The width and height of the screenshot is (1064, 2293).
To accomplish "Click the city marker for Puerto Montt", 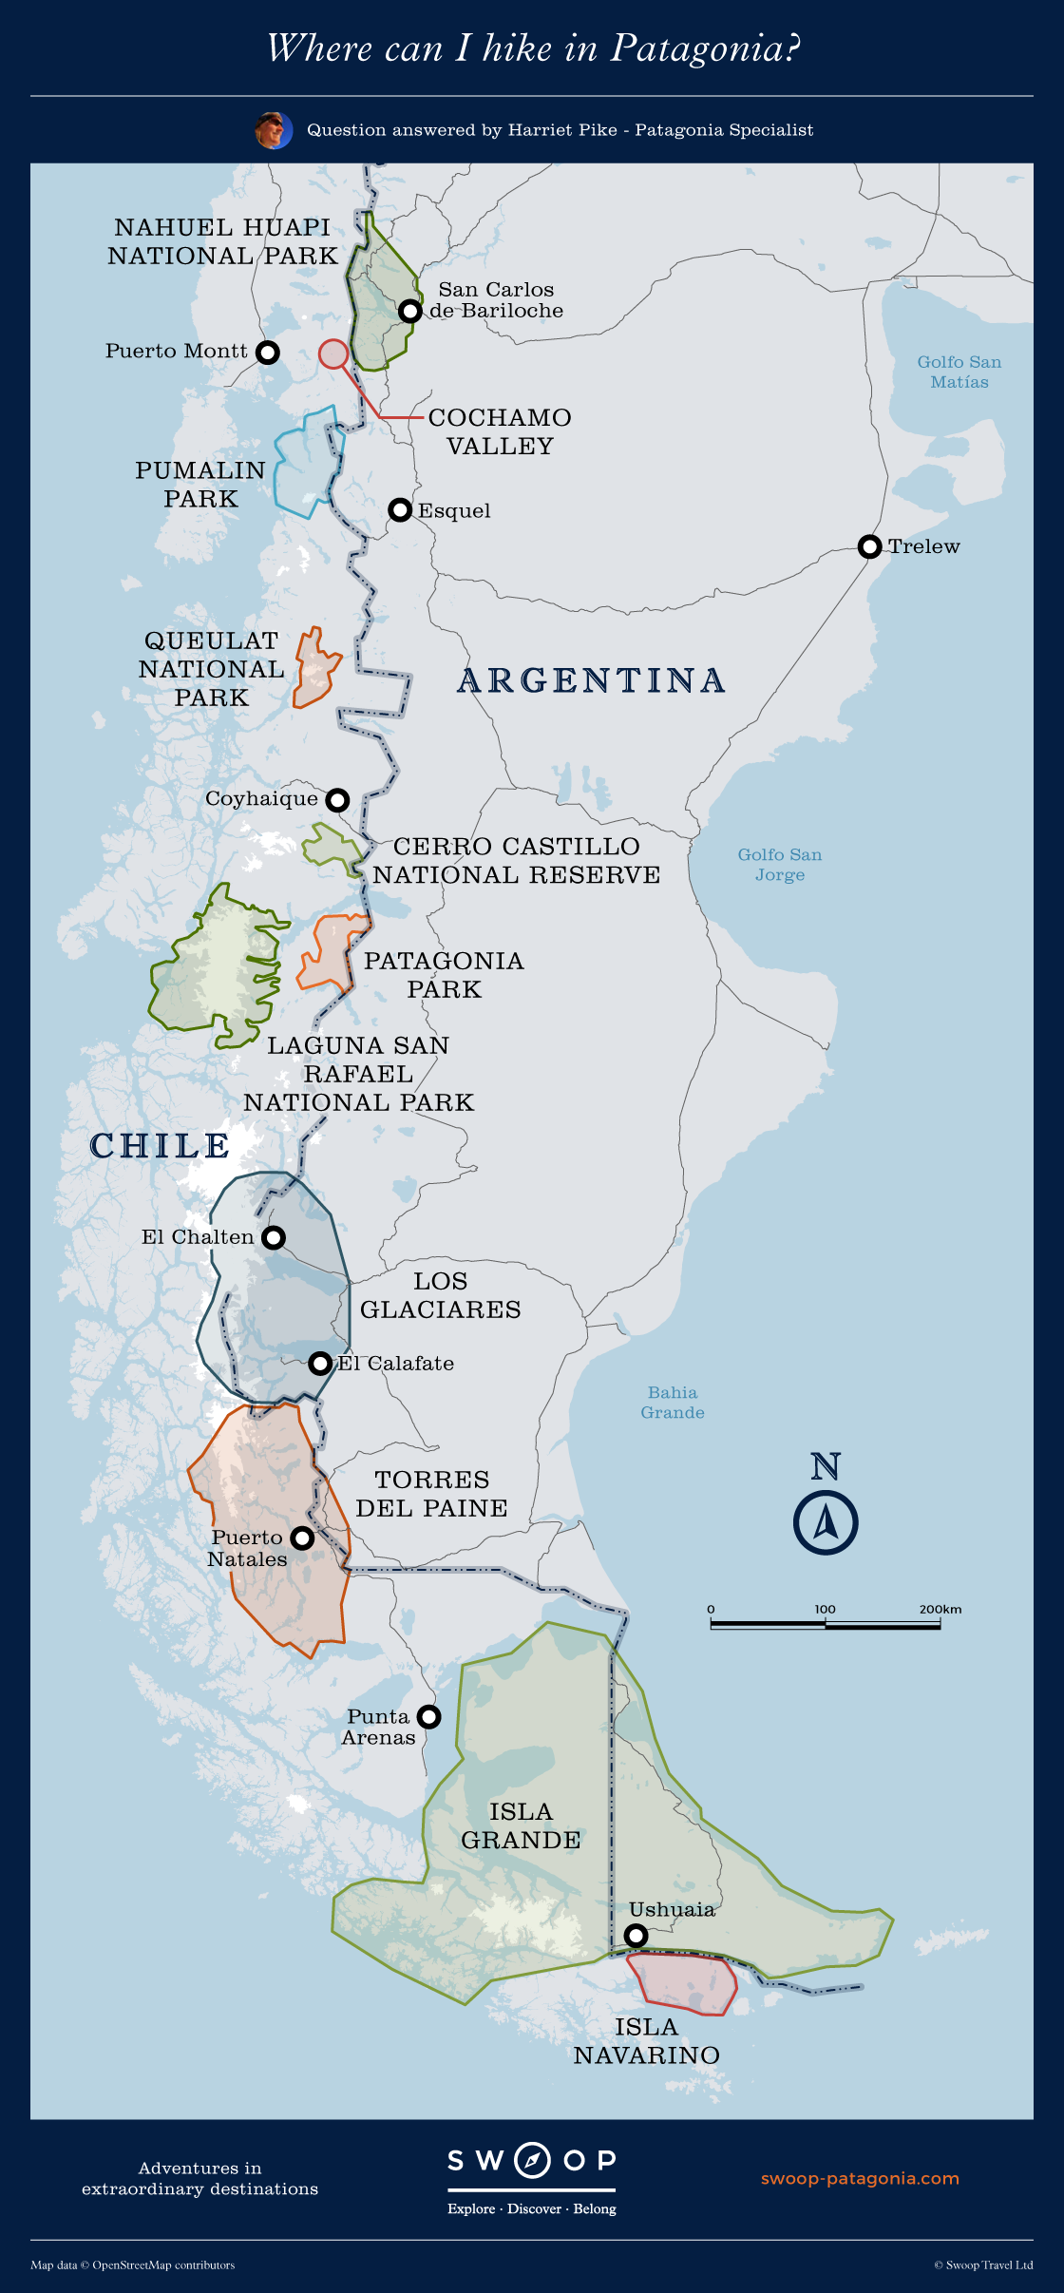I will [269, 353].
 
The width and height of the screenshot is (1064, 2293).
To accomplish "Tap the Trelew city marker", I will [869, 546].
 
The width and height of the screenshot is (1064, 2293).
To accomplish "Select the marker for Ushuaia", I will [636, 1935].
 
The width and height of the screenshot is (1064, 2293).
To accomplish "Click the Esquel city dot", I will [400, 510].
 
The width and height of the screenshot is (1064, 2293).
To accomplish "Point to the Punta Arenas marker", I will [429, 1716].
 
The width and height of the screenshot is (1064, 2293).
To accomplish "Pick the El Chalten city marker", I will [274, 1237].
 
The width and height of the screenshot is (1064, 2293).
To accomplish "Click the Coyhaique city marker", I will [337, 800].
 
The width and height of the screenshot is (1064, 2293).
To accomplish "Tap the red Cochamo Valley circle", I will [333, 354].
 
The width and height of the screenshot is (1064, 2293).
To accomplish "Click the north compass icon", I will [826, 1523].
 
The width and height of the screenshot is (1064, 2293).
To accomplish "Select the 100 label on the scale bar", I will [825, 1609].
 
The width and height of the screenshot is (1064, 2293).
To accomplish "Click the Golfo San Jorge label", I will [780, 865].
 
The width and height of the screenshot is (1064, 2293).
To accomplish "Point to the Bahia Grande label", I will [673, 1403].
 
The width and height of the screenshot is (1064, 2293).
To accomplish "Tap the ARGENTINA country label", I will [591, 681].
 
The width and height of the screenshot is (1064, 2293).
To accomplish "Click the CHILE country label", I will [160, 1146].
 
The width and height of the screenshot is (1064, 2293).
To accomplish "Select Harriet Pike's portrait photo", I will [273, 130].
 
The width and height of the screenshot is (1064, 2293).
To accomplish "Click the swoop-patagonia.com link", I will [860, 2178].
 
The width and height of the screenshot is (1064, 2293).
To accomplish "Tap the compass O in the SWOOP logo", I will [532, 2160].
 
